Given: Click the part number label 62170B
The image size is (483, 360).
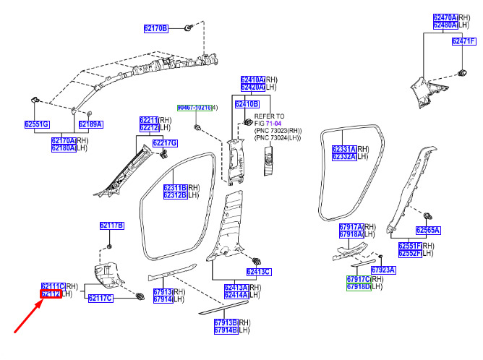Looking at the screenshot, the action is [x=156, y=29].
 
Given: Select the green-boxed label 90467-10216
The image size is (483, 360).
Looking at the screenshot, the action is [x=195, y=108].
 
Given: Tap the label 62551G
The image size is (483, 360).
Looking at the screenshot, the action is [x=37, y=124].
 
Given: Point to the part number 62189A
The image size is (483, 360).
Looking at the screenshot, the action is [x=90, y=124].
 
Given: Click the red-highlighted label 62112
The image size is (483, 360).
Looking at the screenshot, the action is [x=51, y=293].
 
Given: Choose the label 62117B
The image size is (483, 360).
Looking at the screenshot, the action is [x=112, y=226].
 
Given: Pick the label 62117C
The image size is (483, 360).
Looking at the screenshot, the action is [x=101, y=298].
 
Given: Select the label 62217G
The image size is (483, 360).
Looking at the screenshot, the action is [x=165, y=143].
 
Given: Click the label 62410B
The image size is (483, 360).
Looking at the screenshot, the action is [x=247, y=104].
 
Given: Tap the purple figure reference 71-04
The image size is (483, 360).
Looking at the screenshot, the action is [x=273, y=124].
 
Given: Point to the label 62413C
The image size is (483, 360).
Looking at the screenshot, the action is [x=259, y=272].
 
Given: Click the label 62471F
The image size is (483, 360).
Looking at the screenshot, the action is [x=464, y=41].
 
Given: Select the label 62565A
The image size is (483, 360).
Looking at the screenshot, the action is [x=428, y=230].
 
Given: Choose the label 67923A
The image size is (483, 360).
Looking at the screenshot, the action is [x=383, y=270].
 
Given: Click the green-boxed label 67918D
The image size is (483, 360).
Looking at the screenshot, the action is [x=359, y=287].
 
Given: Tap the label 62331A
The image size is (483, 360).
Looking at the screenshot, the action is [x=344, y=149].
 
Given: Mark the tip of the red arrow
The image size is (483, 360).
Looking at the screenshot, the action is [x=42, y=301].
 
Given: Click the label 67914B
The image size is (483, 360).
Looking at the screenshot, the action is [x=226, y=330].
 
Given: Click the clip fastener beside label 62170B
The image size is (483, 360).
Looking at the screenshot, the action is [x=188, y=27].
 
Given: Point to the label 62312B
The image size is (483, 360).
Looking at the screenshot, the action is [x=175, y=195].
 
